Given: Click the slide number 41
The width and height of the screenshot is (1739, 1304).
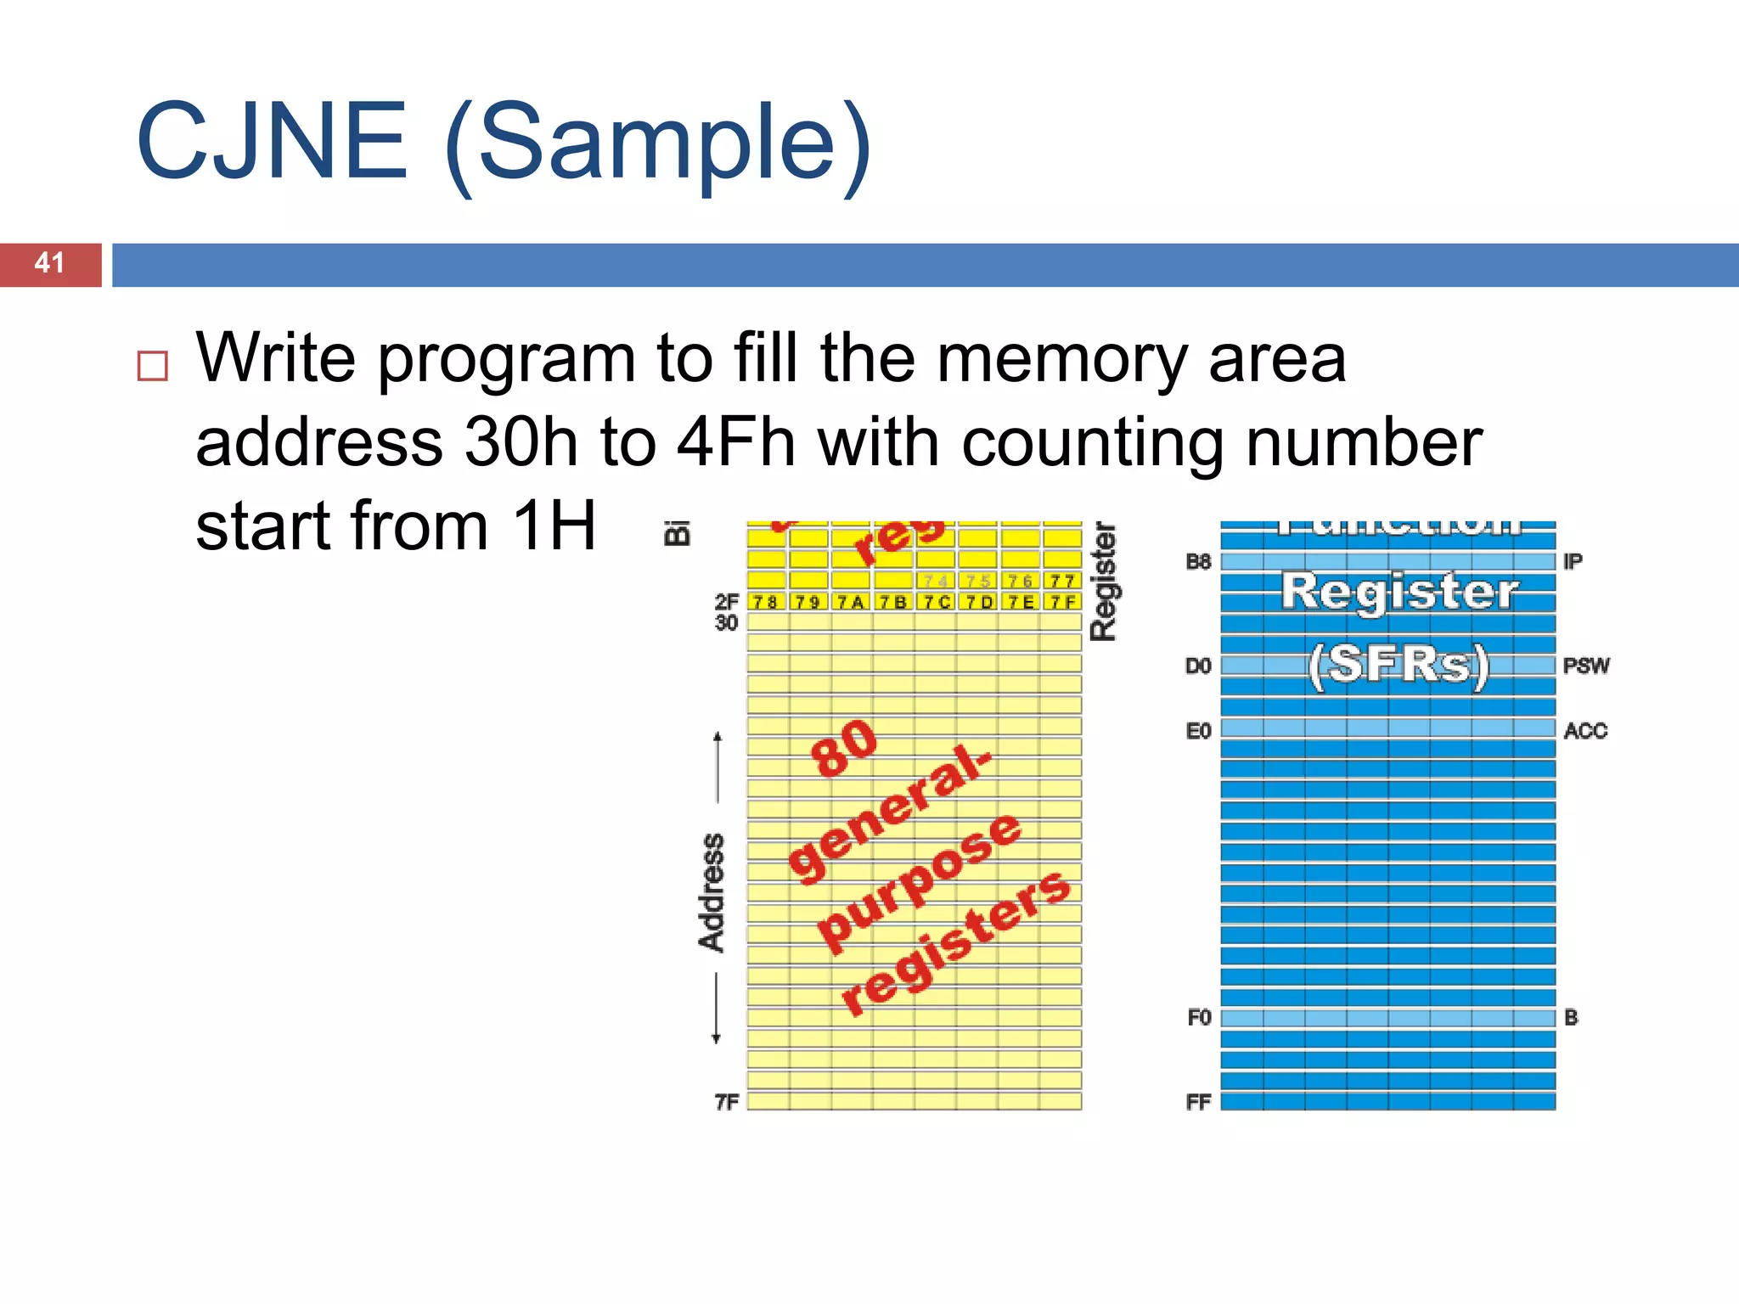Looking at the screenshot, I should pos(49,263).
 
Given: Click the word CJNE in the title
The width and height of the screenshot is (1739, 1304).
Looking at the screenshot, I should pos(272,142).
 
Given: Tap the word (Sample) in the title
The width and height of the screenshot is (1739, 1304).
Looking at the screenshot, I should pos(658,144).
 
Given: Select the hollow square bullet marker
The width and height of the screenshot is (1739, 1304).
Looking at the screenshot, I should pos(153,366).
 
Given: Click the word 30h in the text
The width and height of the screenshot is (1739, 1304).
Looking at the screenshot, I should pos(521,443).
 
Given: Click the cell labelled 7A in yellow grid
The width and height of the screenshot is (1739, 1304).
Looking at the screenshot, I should pos(850,602).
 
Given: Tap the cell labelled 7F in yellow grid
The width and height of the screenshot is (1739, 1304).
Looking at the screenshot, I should pos(1061,602).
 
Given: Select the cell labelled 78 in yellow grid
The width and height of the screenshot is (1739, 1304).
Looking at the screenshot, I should pos(766,602).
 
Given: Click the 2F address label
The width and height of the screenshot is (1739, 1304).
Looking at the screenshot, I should pos(727,601).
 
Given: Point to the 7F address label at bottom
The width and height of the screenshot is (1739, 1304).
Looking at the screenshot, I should pos(727,1102).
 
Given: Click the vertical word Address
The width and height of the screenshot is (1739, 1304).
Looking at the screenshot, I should pos(712,892).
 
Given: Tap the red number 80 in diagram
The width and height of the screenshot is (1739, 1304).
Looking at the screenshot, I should pos(843,748).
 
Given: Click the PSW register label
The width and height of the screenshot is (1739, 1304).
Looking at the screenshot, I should pos(1585,666).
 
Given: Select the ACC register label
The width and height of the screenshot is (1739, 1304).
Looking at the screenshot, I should pos(1585,731).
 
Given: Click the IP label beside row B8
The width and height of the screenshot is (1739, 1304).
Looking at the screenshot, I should pos(1573,561).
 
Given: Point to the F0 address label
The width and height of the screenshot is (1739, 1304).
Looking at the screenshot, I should pos(1198,1017).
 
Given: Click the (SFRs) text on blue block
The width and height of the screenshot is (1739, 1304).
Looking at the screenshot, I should pos(1399,665).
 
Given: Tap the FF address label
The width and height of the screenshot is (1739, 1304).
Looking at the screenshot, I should pos(1198,1102).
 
